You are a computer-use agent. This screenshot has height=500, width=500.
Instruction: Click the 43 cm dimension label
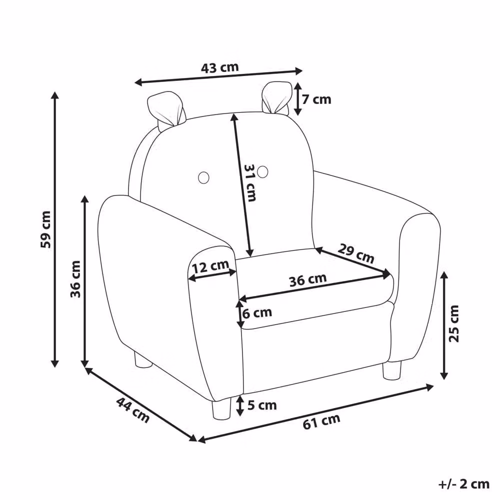tap(219, 67)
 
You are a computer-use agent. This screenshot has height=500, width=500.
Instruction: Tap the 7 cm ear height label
tap(316, 99)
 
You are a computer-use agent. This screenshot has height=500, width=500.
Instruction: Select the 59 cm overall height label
tap(45, 229)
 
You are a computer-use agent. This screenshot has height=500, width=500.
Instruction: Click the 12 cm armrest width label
tap(211, 266)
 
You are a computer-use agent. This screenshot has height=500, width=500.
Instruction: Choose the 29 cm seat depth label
tap(356, 253)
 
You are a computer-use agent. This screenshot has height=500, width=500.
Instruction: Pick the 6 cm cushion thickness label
tap(257, 313)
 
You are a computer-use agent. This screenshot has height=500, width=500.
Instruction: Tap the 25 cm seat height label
tap(453, 323)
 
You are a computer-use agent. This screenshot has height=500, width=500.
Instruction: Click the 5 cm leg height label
tap(262, 405)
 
